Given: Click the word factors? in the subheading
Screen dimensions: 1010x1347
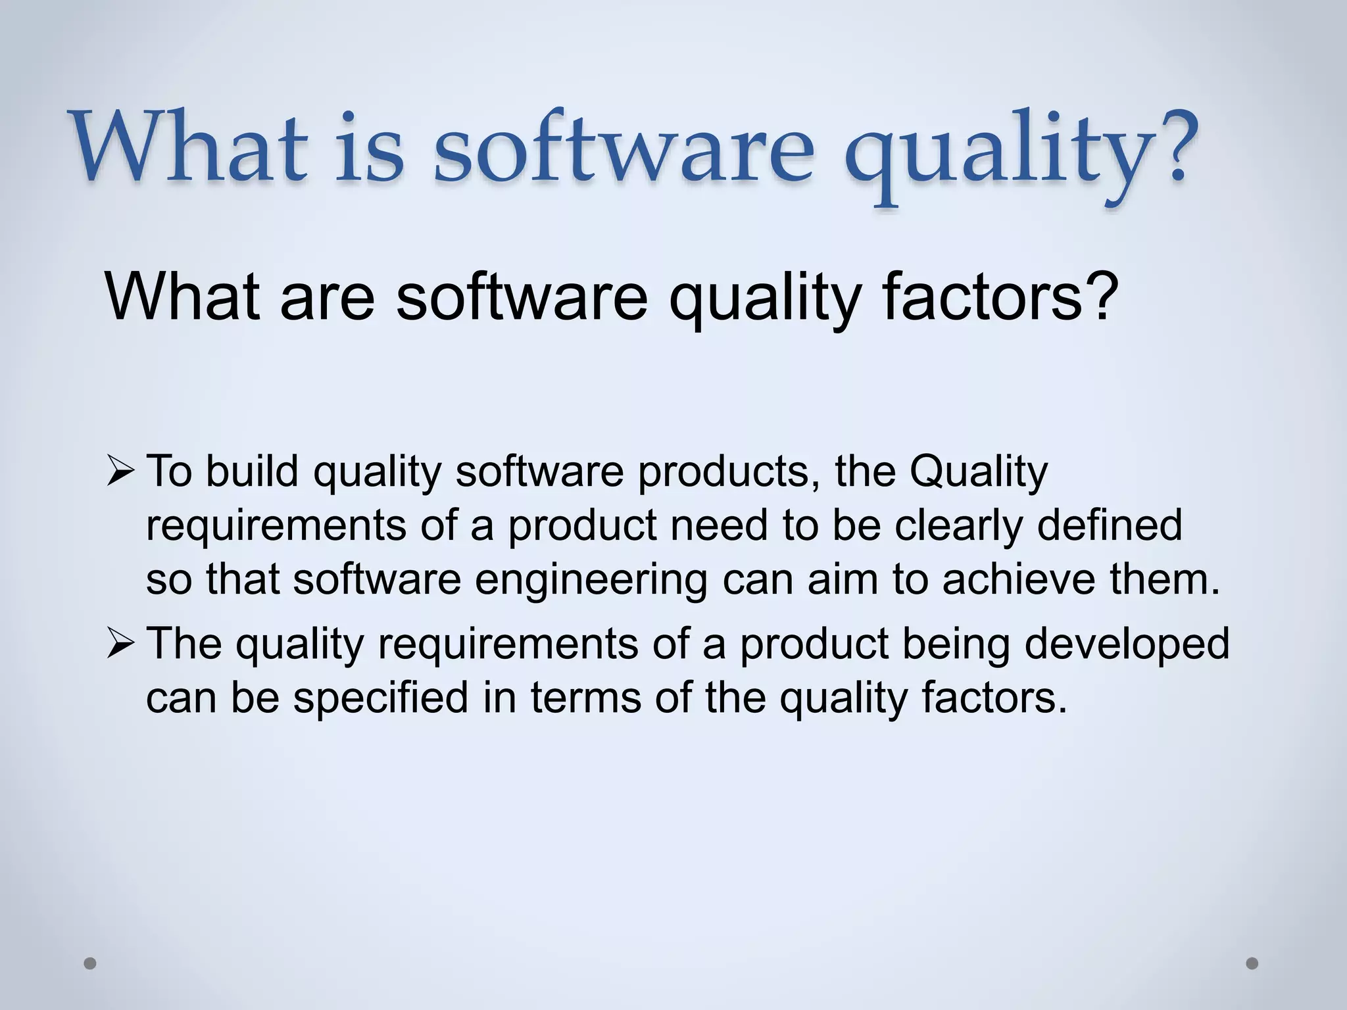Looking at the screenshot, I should tap(999, 297).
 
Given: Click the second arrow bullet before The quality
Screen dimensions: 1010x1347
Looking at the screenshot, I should tap(120, 643).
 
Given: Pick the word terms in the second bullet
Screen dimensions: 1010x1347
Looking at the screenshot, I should tap(585, 698).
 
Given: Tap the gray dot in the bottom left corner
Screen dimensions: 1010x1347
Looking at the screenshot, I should tap(91, 963).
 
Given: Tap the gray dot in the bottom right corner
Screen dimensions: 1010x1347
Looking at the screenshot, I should tap(1252, 963).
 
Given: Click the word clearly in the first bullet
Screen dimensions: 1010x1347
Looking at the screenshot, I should tap(958, 525).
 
